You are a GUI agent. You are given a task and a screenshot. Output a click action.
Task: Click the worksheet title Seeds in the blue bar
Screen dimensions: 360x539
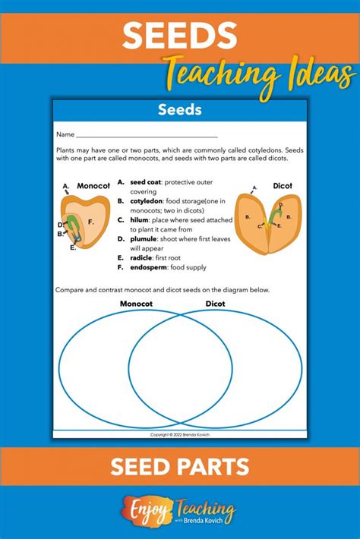(180, 110)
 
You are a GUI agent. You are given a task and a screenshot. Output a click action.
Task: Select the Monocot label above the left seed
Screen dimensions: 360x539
(94, 185)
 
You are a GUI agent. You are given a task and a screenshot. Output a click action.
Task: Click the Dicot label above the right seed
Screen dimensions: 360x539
(282, 185)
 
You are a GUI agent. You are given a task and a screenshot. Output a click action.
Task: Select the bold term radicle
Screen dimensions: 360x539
(144, 257)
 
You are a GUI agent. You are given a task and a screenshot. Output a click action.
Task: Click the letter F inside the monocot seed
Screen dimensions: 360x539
(90, 222)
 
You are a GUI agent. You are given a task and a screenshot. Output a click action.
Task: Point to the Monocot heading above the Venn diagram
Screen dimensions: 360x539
(137, 304)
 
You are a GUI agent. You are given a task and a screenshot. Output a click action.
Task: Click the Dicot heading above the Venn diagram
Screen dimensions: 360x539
(216, 304)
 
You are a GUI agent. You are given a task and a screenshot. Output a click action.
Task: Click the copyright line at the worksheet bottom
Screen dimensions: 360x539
(180, 435)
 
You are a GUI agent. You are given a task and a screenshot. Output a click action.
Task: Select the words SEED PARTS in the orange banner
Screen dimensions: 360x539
(180, 466)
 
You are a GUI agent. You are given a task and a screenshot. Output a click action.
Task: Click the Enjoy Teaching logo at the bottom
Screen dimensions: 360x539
(180, 511)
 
